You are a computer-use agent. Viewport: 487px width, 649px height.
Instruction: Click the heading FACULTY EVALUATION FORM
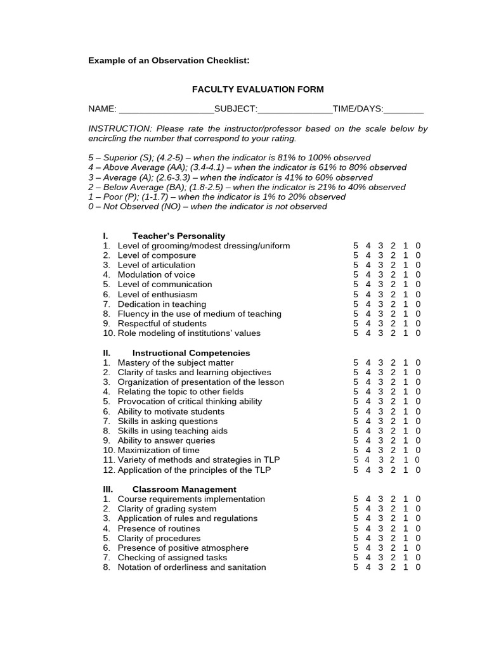point(257,89)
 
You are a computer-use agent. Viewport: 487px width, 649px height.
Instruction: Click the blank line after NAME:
point(166,110)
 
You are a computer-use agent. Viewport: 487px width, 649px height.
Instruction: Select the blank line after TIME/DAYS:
point(404,110)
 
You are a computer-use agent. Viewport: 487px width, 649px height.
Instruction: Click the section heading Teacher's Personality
point(178,236)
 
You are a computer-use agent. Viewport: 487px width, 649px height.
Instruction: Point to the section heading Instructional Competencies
point(191,353)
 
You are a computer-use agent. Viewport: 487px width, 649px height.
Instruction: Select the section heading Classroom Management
point(184,489)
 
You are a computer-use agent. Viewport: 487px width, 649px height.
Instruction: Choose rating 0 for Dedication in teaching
point(418,304)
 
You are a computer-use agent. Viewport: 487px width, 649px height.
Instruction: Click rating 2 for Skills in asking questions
point(393,421)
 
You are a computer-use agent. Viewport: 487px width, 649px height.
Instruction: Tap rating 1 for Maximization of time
point(406,451)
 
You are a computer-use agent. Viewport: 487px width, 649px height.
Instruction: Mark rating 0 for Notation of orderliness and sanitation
point(418,567)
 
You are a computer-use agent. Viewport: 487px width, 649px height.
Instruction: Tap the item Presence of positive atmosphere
point(183,548)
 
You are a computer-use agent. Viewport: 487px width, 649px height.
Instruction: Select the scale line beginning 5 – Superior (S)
point(229,158)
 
